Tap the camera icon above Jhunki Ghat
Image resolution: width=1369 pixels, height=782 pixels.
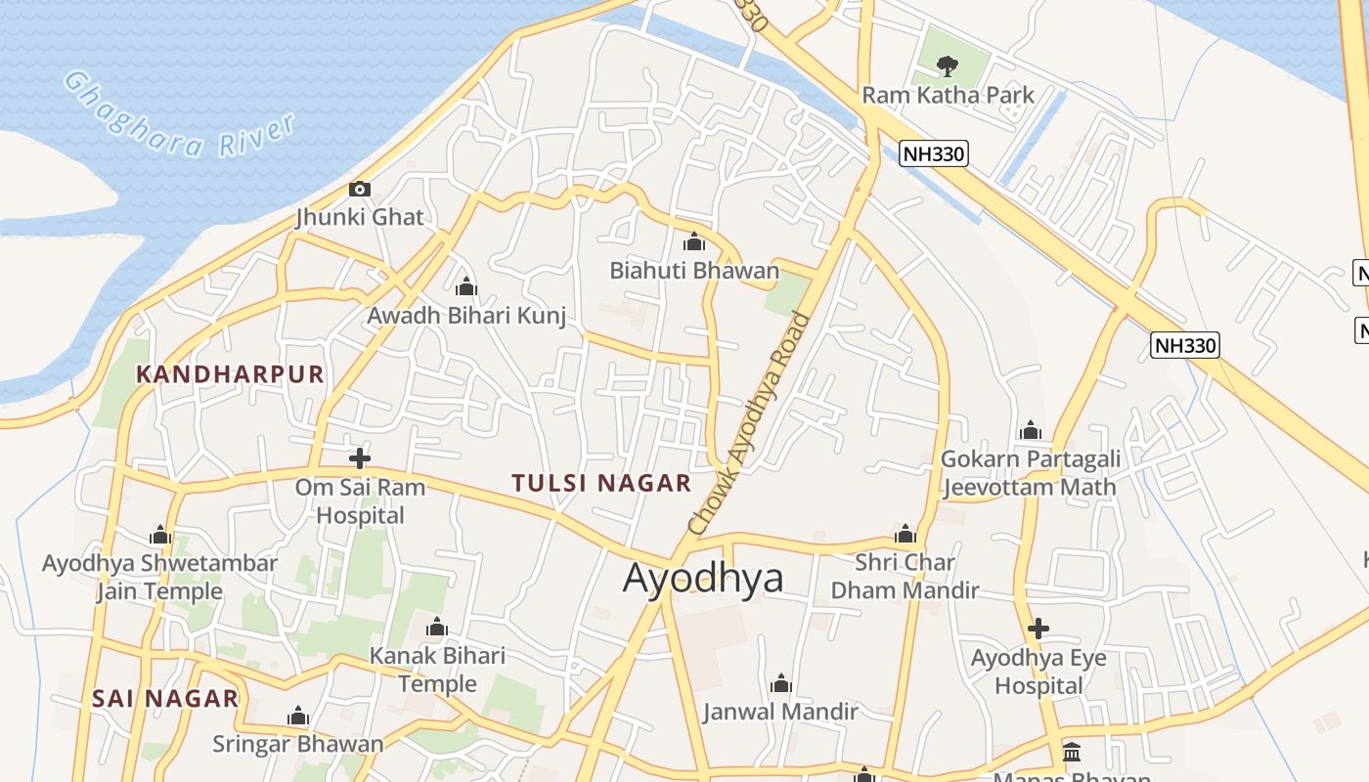coord(360,189)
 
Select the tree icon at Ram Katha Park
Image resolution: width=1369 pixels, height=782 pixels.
coord(947,66)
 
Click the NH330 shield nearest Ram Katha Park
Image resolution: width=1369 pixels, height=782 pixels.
coord(934,153)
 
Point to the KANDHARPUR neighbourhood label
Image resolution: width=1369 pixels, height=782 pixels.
coord(230,373)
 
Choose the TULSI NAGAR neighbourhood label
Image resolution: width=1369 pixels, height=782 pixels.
coord(601,482)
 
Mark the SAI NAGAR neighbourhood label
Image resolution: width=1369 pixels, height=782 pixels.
coord(165,698)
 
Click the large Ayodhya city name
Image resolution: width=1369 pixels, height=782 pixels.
coord(703,578)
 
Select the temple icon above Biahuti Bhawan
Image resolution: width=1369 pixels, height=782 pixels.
coord(694,241)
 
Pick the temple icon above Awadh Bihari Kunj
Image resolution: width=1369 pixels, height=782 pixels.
coord(466,286)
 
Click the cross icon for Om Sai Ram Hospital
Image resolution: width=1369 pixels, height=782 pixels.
coord(360,457)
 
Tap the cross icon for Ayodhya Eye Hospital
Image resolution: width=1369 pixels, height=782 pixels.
coord(1038,629)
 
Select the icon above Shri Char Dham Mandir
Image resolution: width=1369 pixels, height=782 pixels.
coord(905,534)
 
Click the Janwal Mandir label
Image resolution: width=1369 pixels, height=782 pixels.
coord(780,711)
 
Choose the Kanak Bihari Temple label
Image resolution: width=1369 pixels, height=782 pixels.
coord(437,670)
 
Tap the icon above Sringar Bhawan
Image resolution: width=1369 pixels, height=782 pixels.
coord(298,717)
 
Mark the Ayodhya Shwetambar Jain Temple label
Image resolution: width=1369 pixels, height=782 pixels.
coord(159,577)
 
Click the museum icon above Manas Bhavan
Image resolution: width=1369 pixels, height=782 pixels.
coord(1072,752)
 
